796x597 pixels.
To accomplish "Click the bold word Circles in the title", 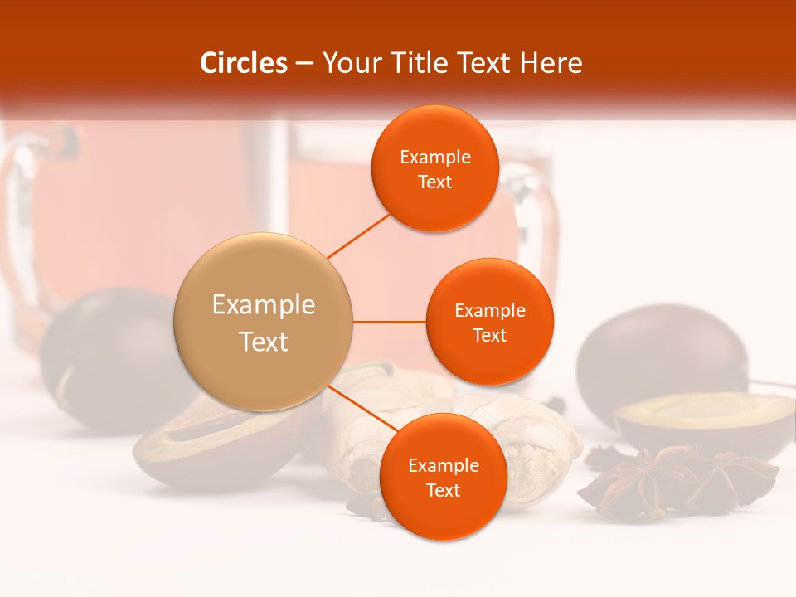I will [x=244, y=63].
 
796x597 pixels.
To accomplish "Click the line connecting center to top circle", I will [x=358, y=235].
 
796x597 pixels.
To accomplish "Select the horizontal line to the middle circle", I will [x=390, y=322].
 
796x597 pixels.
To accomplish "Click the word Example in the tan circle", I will [x=264, y=305].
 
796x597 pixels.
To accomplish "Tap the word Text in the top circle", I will [x=435, y=182].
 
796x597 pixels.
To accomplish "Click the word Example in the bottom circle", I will [x=443, y=465].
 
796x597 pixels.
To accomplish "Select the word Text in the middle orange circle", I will [x=490, y=335].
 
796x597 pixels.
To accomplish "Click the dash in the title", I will [x=304, y=63].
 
